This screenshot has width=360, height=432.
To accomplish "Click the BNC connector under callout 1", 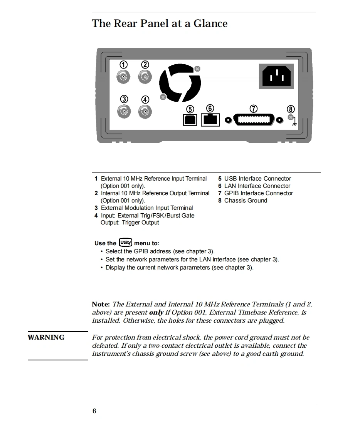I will (x=123, y=77).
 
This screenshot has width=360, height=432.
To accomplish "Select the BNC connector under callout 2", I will (x=145, y=77).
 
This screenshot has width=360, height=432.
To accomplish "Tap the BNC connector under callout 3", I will (x=124, y=112).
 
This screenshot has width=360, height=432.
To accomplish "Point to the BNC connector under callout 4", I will (x=145, y=112).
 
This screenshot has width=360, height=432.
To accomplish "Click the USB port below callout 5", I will (x=190, y=119).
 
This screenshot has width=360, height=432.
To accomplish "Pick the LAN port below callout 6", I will (x=210, y=119).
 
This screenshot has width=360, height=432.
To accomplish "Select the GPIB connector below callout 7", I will (x=254, y=120).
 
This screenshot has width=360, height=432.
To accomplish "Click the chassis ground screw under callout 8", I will (x=291, y=117).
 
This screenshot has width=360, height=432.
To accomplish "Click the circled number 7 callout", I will (x=254, y=109).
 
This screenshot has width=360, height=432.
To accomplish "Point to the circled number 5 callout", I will (x=190, y=109).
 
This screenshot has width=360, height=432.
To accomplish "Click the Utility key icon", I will (x=125, y=243).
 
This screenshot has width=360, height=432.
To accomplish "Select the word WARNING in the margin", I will (x=46, y=338).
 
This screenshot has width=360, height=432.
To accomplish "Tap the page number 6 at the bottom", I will (x=94, y=411).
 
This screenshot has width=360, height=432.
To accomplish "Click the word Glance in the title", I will (x=210, y=23).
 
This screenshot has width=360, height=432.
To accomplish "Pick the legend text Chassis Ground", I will (x=246, y=201).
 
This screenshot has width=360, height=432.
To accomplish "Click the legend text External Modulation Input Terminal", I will (x=147, y=208).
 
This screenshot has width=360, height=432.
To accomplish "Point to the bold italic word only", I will (x=156, y=313).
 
